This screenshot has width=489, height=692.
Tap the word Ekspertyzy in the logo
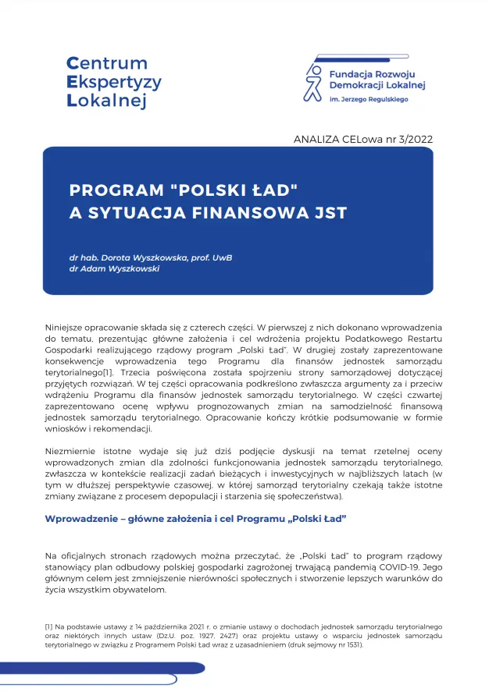[x=113, y=82]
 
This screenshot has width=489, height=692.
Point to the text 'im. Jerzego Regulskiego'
[x=369, y=100]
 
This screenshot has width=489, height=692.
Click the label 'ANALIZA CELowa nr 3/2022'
[x=363, y=139]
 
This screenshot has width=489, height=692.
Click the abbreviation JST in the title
[x=328, y=212]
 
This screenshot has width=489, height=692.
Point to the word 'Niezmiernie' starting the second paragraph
[x=72, y=452]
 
